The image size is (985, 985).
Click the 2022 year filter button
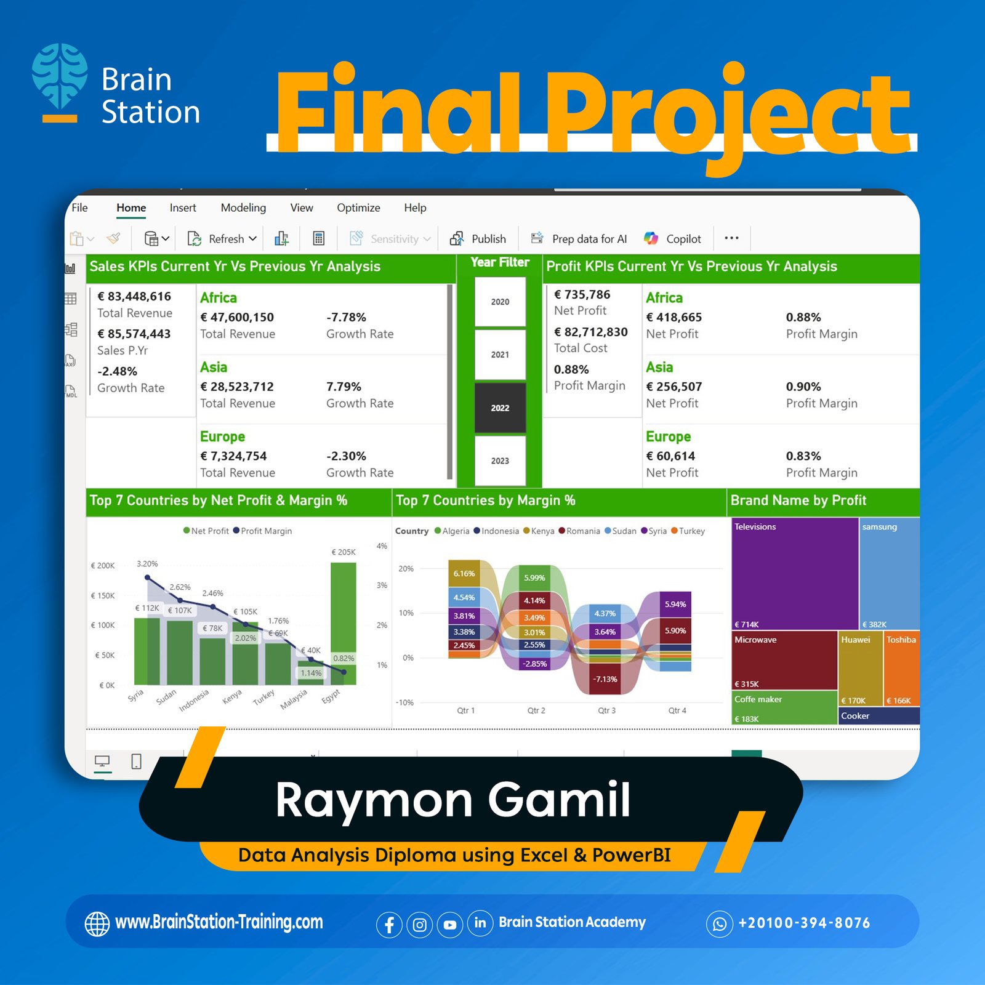click(x=500, y=408)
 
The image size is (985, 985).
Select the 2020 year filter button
click(x=500, y=302)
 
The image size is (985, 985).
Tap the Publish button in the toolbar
click(x=478, y=239)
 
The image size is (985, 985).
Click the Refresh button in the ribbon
click(x=222, y=239)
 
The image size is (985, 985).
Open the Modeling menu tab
click(x=243, y=208)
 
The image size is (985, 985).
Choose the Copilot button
click(x=672, y=239)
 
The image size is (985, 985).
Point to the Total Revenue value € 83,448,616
click(x=134, y=296)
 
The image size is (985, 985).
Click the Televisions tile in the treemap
click(x=795, y=574)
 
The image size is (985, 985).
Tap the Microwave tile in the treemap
click(x=784, y=660)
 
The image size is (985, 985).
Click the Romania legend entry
click(x=579, y=531)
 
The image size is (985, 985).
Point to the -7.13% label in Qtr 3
click(x=605, y=679)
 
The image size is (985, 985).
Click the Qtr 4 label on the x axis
click(x=677, y=710)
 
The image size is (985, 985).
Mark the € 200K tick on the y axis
click(x=103, y=566)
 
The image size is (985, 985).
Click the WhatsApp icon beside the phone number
click(x=720, y=923)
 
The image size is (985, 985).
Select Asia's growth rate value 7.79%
click(x=344, y=387)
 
